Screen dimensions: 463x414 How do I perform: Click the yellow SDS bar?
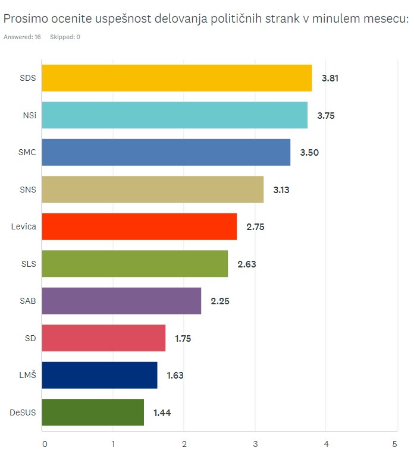[x=177, y=78]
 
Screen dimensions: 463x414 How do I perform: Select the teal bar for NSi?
[x=174, y=115]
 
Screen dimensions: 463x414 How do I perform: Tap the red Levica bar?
[x=139, y=226]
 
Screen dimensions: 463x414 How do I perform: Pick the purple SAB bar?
[x=121, y=301]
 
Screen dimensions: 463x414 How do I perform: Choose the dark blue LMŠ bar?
[x=99, y=375]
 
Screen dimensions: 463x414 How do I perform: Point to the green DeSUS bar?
[x=93, y=412]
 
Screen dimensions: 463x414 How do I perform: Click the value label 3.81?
[x=330, y=78]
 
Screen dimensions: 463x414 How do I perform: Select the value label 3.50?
[x=309, y=153]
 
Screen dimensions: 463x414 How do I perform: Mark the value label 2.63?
[x=246, y=264]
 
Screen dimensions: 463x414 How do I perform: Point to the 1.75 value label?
[x=183, y=338]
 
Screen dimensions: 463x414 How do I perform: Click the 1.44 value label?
[x=162, y=412]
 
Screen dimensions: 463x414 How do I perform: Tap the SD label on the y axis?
[x=30, y=338]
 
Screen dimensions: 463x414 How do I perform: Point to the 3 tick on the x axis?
[x=255, y=443]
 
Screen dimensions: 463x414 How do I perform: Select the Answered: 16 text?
[x=22, y=37]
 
